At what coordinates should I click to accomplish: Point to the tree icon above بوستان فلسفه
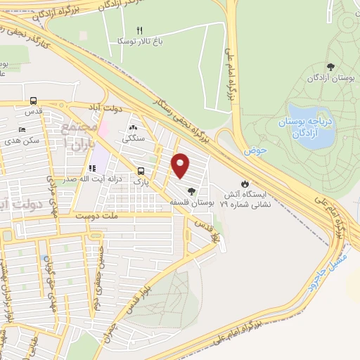tap(191, 191)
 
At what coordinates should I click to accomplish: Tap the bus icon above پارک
tap(142, 171)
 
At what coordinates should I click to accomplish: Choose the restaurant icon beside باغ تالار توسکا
tap(139, 30)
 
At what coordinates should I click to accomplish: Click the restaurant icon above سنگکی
tap(134, 127)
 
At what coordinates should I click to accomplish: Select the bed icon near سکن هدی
tap(22, 131)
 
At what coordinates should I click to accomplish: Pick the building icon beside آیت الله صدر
tap(91, 168)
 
